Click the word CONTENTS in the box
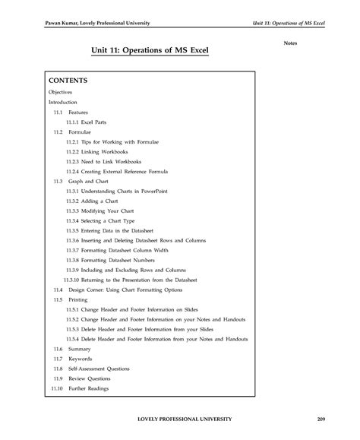[x=68, y=80]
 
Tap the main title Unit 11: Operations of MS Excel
[x=149, y=52]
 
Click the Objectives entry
[x=60, y=91]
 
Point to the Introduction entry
[x=63, y=101]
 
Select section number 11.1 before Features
[x=58, y=112]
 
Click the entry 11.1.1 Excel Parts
[x=90, y=122]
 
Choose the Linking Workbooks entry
[x=106, y=151]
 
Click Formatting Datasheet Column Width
[x=125, y=250]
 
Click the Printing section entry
[x=78, y=299]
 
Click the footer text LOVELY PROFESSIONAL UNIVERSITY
[x=180, y=419]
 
